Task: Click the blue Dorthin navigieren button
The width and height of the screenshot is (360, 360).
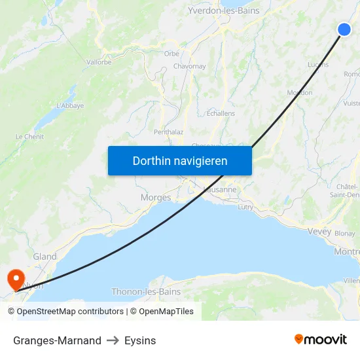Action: point(180,160)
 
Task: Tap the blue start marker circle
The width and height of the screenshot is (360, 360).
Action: point(344,29)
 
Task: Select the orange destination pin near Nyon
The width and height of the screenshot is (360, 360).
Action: point(15,279)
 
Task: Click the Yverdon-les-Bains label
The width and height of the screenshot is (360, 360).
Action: point(223,10)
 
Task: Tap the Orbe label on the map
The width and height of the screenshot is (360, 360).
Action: point(171,54)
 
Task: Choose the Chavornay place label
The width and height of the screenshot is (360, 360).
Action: point(190,66)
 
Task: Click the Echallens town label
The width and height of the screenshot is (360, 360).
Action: point(221,113)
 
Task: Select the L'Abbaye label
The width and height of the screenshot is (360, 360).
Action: point(70,105)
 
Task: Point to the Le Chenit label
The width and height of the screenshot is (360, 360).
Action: point(29,136)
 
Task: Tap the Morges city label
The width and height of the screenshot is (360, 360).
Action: point(156,197)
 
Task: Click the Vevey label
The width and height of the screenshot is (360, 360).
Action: point(319,231)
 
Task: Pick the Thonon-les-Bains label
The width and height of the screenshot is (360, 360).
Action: point(146,291)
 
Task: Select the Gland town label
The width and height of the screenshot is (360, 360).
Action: point(45,257)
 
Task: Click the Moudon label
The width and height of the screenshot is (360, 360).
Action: point(299,93)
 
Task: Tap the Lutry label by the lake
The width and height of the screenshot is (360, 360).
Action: point(245,207)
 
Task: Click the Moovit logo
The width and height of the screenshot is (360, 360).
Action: point(321,339)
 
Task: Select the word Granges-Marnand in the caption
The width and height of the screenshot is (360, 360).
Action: point(57,340)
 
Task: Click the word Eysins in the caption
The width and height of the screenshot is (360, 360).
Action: point(140,340)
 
